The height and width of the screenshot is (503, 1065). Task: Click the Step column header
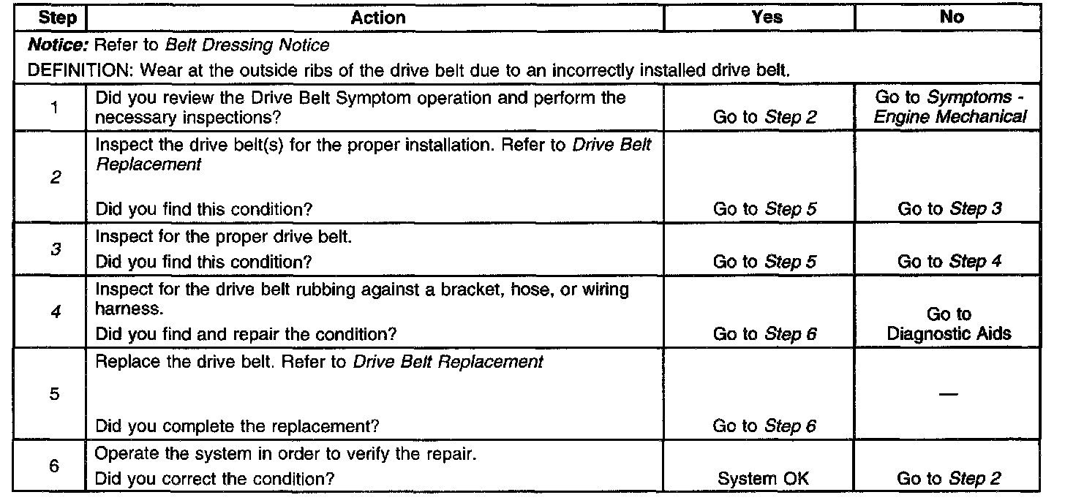coord(56,17)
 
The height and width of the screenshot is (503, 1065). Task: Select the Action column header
coord(378,17)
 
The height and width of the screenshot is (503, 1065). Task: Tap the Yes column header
coord(767,17)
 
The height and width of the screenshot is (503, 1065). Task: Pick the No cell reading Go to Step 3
coord(949,209)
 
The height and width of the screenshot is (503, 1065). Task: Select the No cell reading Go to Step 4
coord(949,260)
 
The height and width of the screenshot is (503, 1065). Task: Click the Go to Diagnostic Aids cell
coord(949,324)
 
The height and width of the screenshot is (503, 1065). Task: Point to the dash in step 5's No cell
coord(949,393)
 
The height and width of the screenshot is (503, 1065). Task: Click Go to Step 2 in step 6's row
coord(949,479)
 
